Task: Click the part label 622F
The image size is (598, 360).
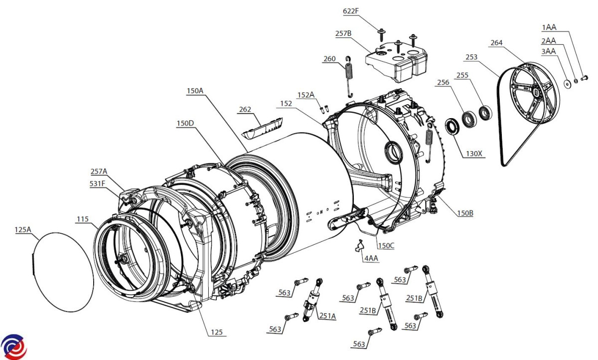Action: (x=350, y=11)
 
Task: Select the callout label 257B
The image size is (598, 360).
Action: (x=343, y=33)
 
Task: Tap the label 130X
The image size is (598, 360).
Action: (x=474, y=154)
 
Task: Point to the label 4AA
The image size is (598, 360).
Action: (x=371, y=258)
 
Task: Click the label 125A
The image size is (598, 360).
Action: (x=23, y=230)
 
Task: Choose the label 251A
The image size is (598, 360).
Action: (x=327, y=316)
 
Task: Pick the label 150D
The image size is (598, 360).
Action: (x=185, y=123)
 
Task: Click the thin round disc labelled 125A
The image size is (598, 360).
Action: (x=63, y=272)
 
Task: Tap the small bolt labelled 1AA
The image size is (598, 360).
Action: (x=584, y=78)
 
